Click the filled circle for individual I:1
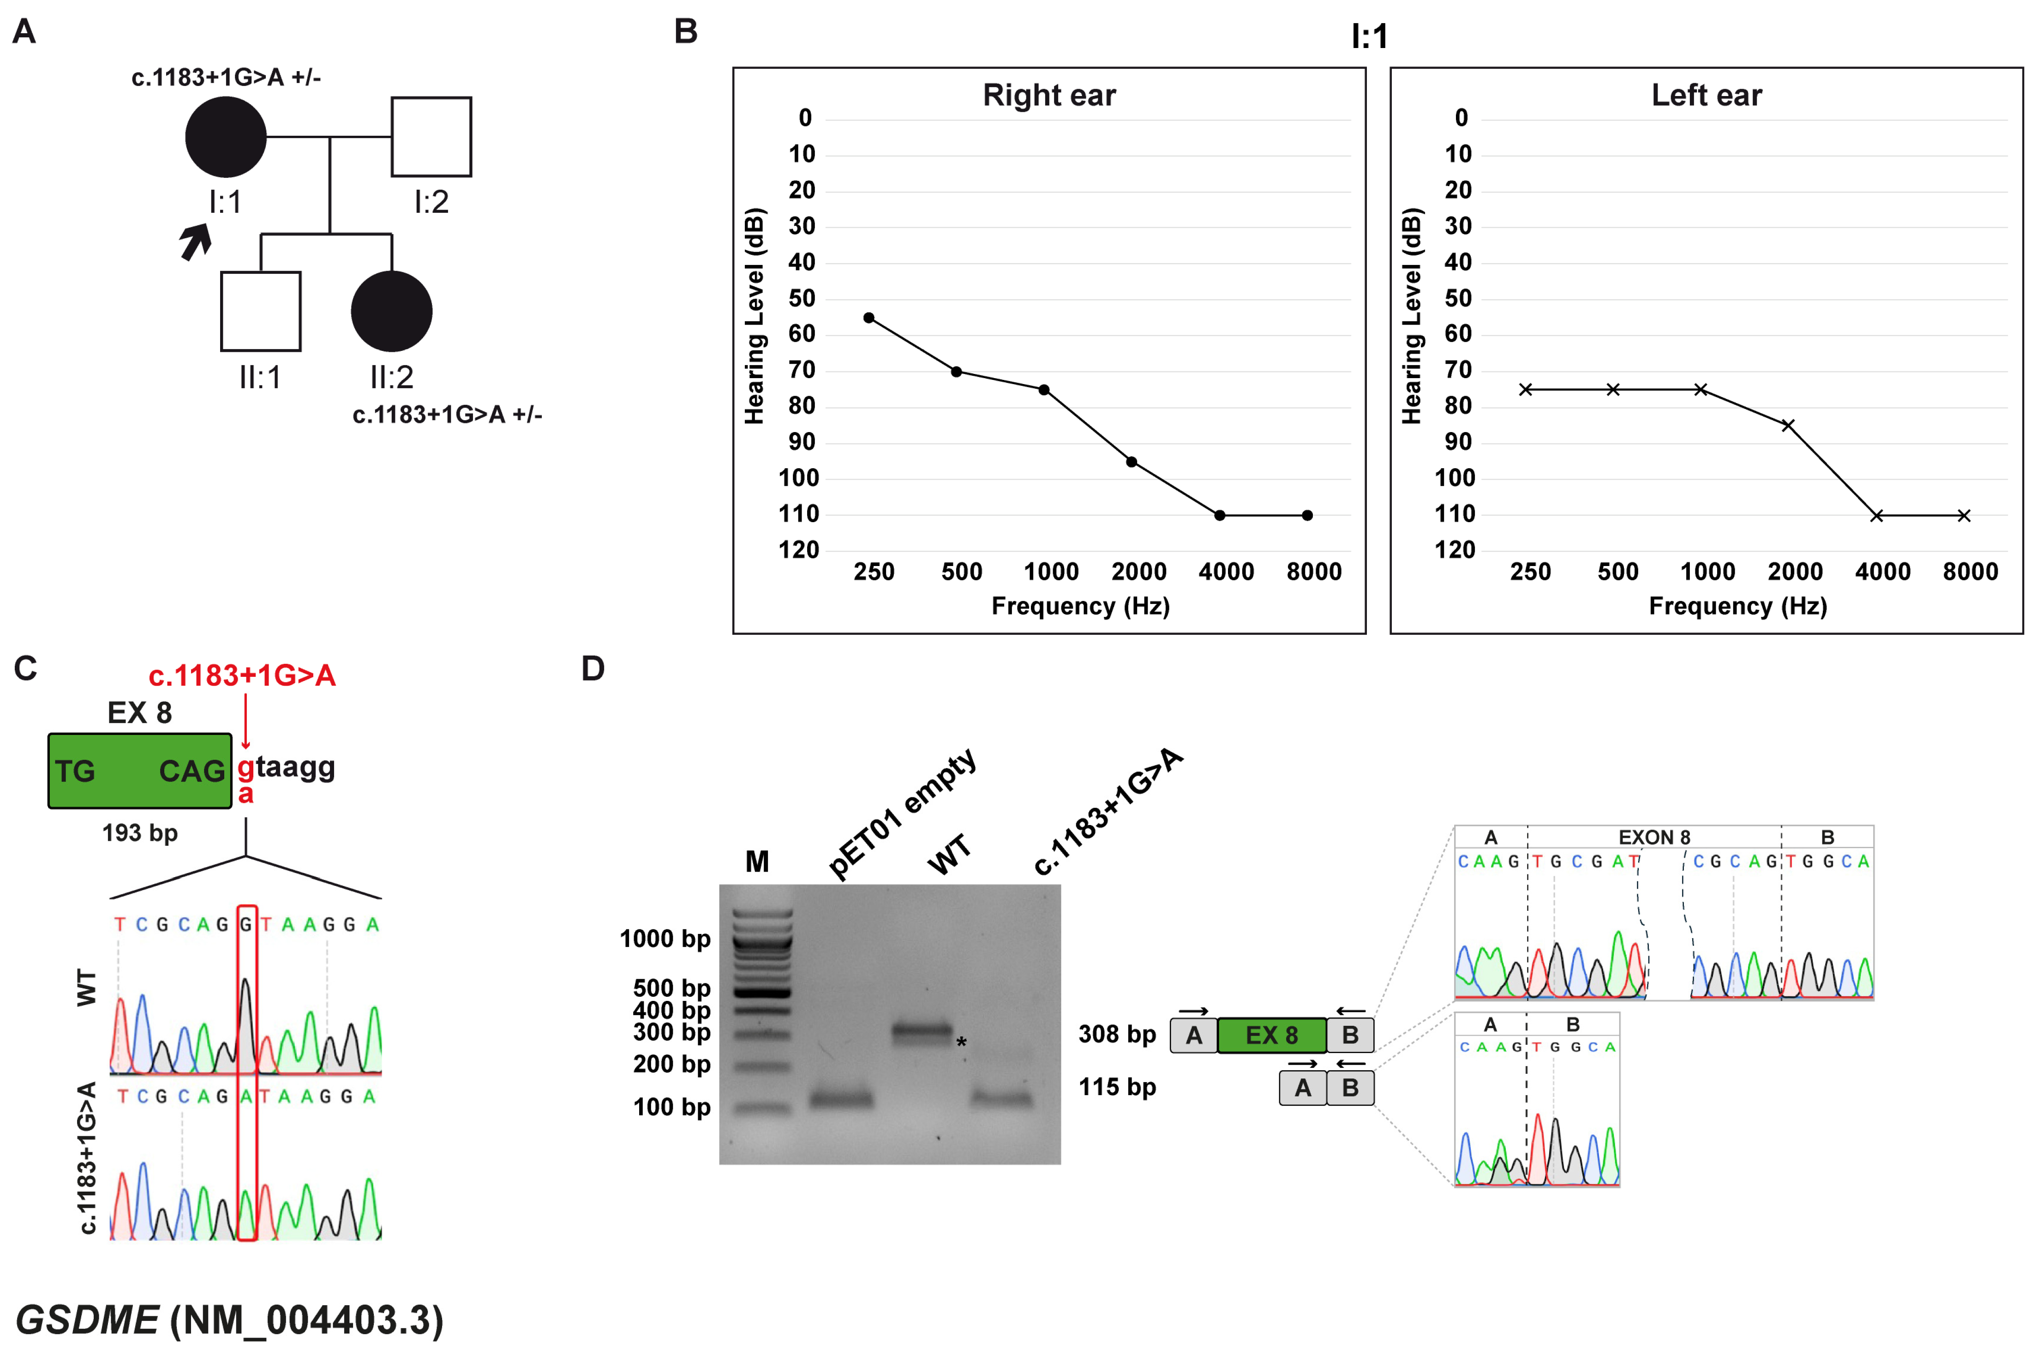[226, 137]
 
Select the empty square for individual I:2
[431, 137]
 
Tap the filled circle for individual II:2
[391, 311]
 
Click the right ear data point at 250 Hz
[869, 318]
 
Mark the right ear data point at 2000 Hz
[1132, 462]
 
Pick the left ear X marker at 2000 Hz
[1788, 425]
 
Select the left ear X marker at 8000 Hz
[1964, 516]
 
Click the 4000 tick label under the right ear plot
[1226, 571]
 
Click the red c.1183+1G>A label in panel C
[242, 675]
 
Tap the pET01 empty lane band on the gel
[840, 1099]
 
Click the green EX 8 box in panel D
[1271, 1035]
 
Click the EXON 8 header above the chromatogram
[1653, 837]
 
